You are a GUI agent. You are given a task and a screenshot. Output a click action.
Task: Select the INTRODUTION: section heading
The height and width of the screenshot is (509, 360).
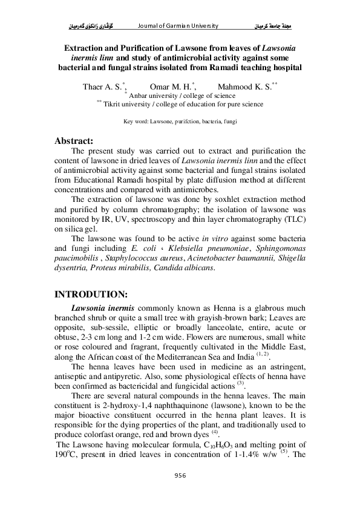pos(91,294)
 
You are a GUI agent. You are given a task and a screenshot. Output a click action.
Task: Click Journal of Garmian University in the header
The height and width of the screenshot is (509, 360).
pos(178,27)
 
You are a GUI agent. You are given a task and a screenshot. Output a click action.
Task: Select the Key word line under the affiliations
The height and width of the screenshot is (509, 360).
pos(180,122)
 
